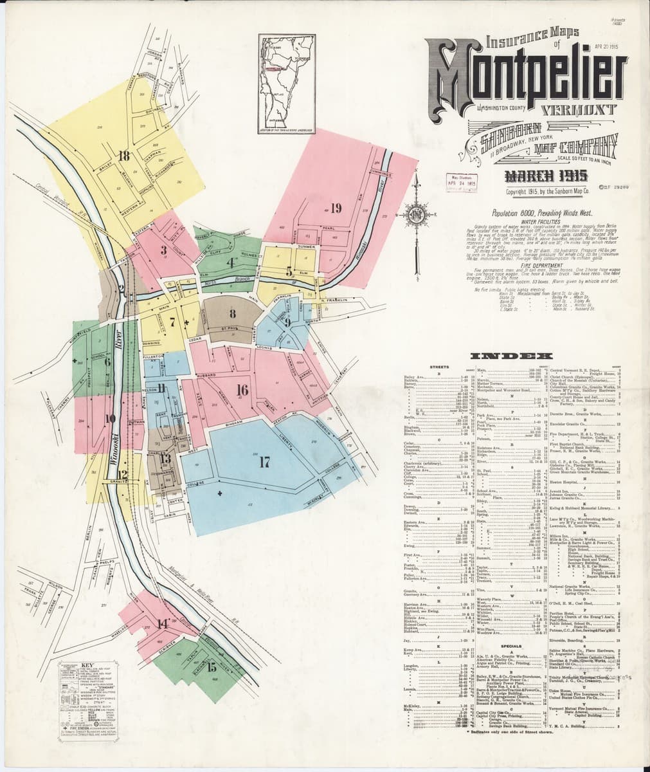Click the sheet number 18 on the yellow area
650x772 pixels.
123,155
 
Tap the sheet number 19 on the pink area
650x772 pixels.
336,207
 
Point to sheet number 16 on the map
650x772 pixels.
242,389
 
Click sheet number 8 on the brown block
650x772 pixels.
231,313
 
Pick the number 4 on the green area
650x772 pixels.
229,262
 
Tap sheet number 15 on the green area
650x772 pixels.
212,666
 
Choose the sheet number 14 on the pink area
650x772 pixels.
163,623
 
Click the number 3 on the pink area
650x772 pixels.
164,250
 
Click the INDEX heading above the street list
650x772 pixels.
512,356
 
